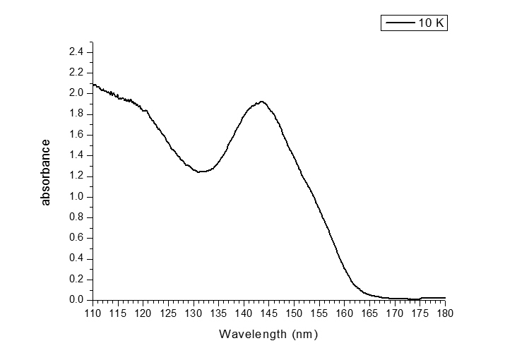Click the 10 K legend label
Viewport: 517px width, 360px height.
[430, 23]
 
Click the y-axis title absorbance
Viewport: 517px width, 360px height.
[46, 172]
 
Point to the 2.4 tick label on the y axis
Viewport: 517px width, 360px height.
[76, 52]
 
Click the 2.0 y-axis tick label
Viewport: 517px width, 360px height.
[76, 93]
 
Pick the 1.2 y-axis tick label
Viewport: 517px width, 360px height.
[76, 176]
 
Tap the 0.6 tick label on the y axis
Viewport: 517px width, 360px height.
[76, 238]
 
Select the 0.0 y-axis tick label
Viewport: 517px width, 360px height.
[76, 300]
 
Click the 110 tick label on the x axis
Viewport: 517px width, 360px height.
[93, 313]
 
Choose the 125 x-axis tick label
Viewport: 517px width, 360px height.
[168, 313]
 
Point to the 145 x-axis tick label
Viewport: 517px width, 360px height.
[269, 313]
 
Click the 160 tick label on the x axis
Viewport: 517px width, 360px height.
[345, 313]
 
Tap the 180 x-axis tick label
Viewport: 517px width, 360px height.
[445, 313]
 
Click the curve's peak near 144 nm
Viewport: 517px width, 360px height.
[262, 102]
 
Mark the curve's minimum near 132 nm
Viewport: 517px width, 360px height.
[201, 172]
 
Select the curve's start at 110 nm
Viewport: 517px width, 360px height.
[93, 84]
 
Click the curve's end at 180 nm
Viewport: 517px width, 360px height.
[445, 298]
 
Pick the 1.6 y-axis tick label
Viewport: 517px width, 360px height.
[76, 134]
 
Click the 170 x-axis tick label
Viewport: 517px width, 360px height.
[395, 313]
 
